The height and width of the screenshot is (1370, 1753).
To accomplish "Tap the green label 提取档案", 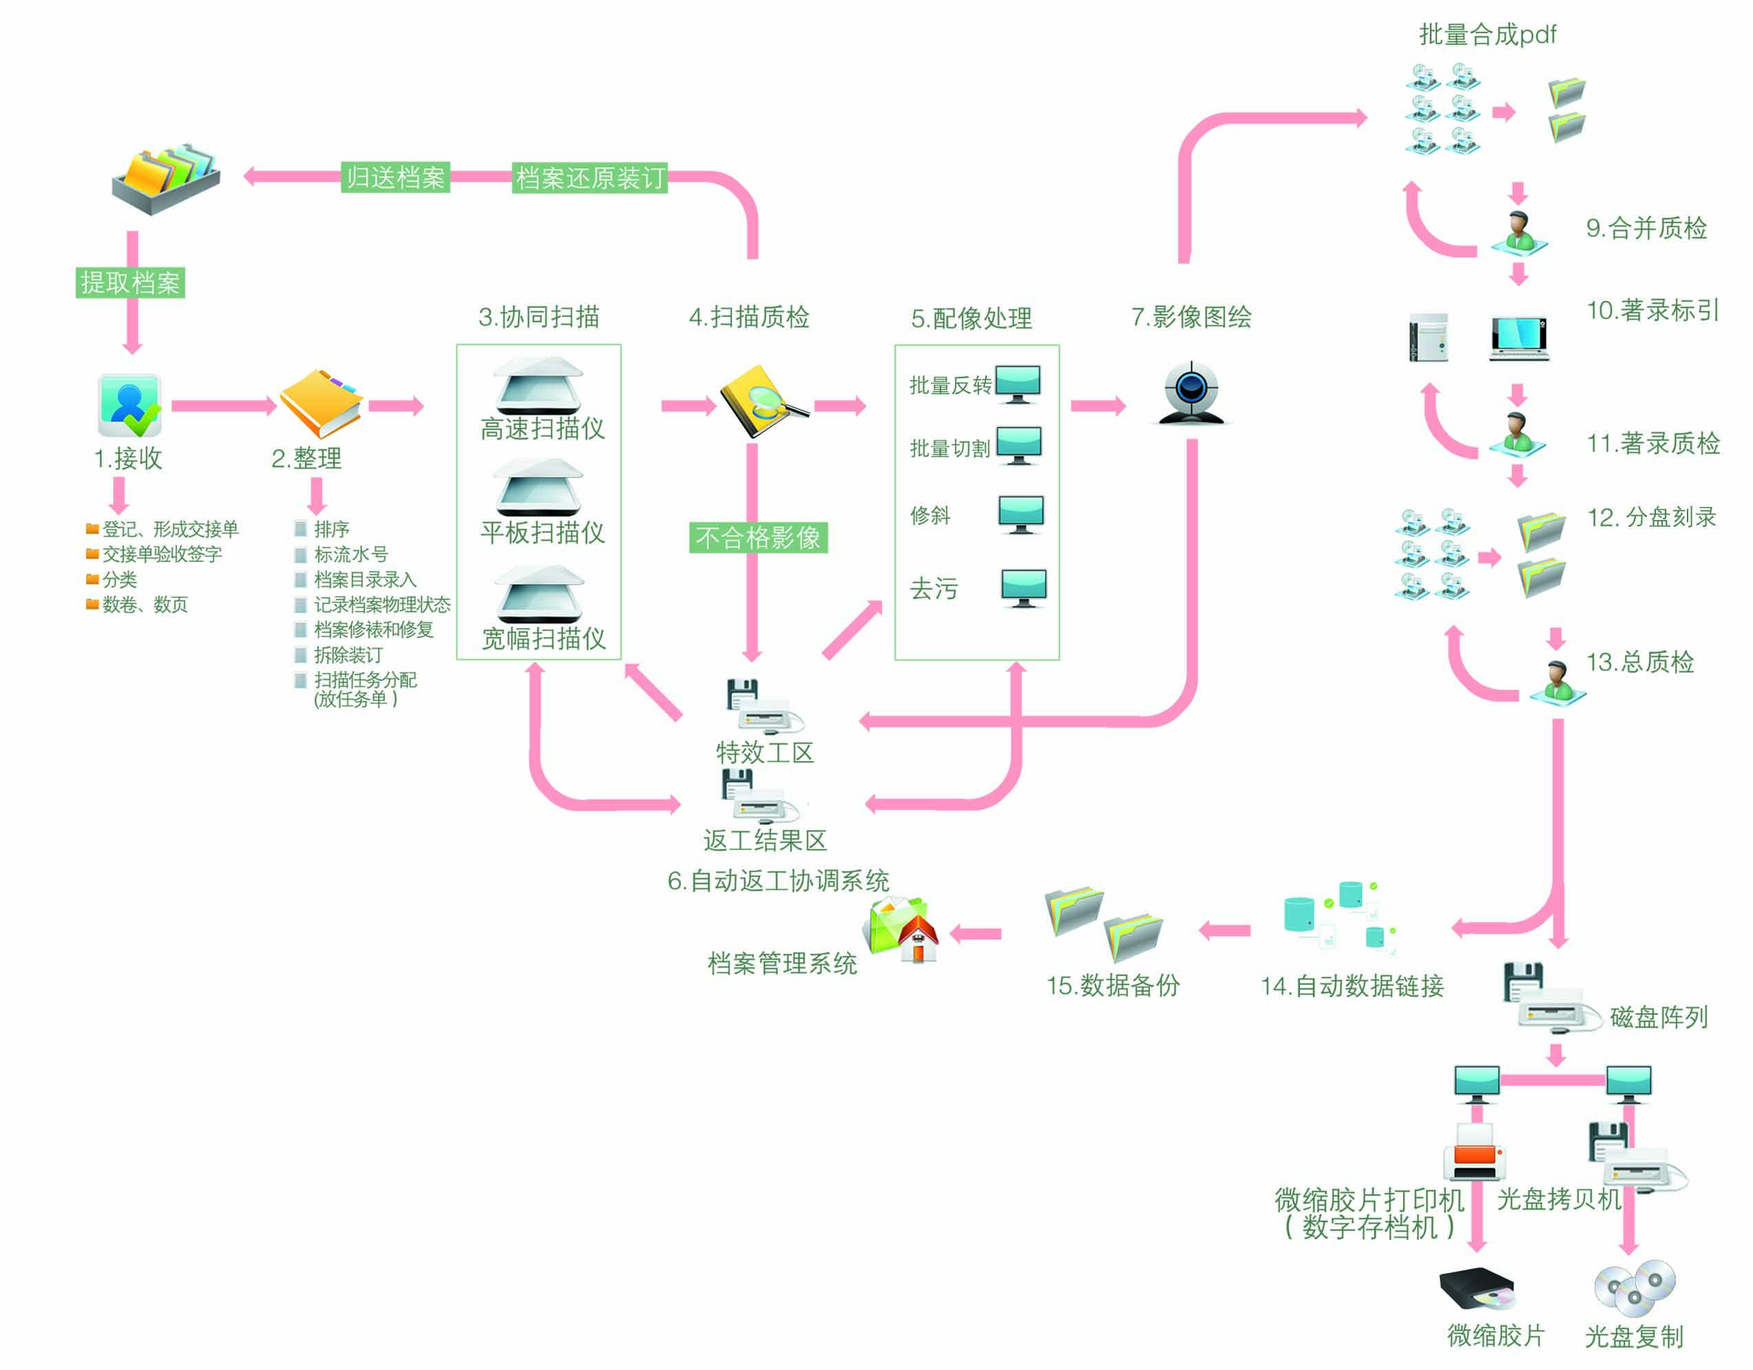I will (x=130, y=282).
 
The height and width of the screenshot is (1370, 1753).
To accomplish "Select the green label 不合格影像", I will (x=757, y=537).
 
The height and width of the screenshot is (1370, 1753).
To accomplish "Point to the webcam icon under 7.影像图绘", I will (x=1191, y=393).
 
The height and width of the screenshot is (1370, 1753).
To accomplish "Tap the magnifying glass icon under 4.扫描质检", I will (x=762, y=402).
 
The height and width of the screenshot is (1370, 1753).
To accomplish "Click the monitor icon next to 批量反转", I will (x=1018, y=383).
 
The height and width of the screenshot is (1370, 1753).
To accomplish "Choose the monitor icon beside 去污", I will (x=1023, y=588).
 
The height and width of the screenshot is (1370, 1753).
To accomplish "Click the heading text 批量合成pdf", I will (x=1487, y=34).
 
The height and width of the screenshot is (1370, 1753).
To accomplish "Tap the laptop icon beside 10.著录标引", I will (x=1519, y=338).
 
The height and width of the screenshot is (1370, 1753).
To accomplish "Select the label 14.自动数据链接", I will (x=1352, y=986).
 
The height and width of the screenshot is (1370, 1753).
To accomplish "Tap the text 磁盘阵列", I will (x=1658, y=1017).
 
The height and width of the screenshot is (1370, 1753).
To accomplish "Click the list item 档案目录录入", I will (x=365, y=579).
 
